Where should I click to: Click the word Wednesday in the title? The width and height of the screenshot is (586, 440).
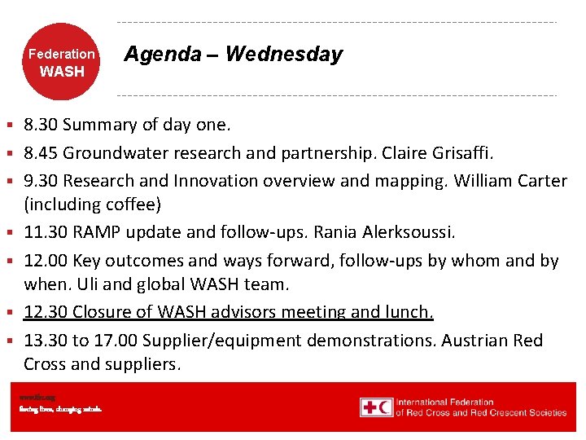(284, 55)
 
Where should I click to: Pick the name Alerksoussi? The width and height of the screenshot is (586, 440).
(403, 233)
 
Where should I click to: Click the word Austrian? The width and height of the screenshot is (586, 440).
(475, 341)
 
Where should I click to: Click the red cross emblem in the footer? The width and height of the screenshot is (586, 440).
(375, 407)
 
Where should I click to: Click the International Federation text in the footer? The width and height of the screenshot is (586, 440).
(445, 402)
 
